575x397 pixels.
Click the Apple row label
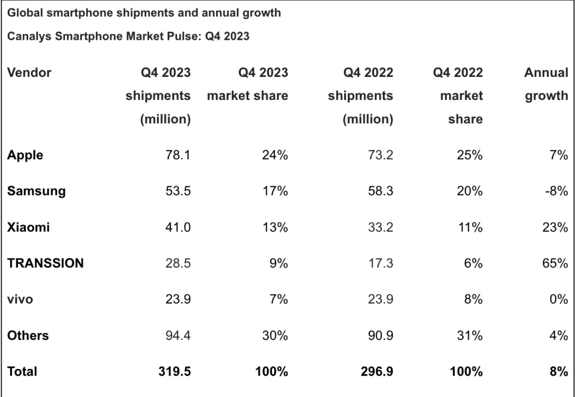25,156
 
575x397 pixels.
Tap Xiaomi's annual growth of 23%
555,227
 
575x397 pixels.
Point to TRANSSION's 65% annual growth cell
555,263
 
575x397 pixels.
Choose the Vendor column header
29,72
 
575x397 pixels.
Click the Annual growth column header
546,84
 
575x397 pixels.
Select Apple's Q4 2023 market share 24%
275,156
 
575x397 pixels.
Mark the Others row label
28,335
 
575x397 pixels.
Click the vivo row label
20,299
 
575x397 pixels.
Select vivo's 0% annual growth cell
558,299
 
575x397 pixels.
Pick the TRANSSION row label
45,263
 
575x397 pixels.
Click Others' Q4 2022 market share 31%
470,335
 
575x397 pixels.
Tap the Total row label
22,371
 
